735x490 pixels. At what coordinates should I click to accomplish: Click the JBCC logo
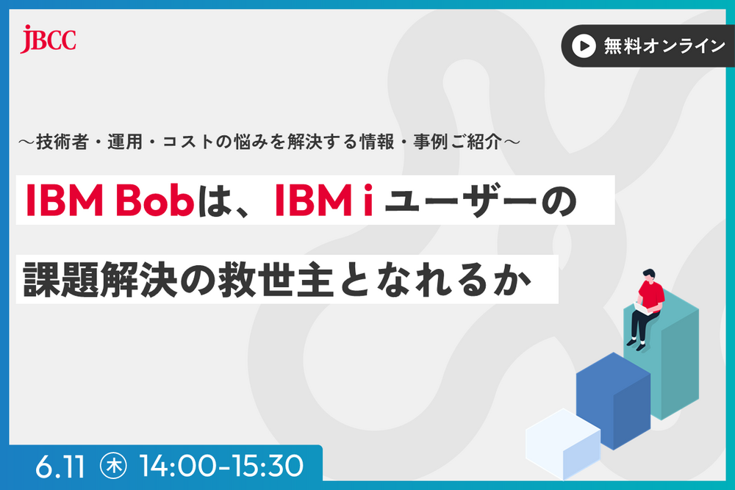(x=49, y=37)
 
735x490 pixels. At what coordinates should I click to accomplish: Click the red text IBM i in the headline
(x=323, y=201)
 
